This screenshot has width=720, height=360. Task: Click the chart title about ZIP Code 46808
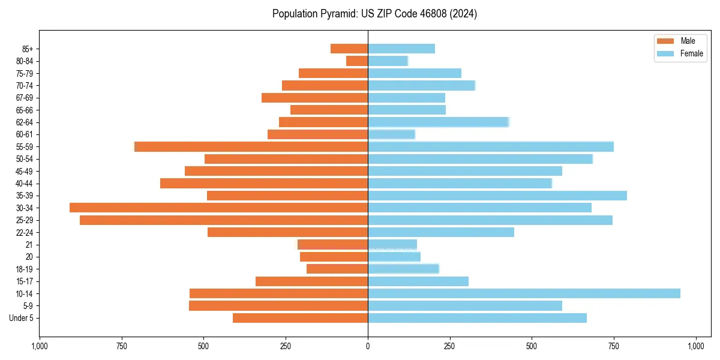(x=374, y=14)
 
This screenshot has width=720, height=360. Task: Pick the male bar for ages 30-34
(x=218, y=208)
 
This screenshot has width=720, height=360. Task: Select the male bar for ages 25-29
(x=224, y=220)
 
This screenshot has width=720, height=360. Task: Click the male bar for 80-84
(x=357, y=61)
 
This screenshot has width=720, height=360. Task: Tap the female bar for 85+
(x=401, y=49)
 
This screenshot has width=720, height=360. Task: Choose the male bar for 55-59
(x=251, y=146)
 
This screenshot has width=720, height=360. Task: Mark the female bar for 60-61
(x=391, y=134)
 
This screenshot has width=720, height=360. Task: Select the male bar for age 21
(x=332, y=244)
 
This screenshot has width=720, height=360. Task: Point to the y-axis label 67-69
(x=25, y=98)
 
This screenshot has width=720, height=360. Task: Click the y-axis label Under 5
(x=22, y=318)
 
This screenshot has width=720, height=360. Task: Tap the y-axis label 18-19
(x=25, y=269)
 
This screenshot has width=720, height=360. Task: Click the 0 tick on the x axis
(x=368, y=346)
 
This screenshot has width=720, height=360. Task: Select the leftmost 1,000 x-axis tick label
(x=40, y=346)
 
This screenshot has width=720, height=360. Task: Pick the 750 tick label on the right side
(x=613, y=346)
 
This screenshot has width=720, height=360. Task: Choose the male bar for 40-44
(x=264, y=183)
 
